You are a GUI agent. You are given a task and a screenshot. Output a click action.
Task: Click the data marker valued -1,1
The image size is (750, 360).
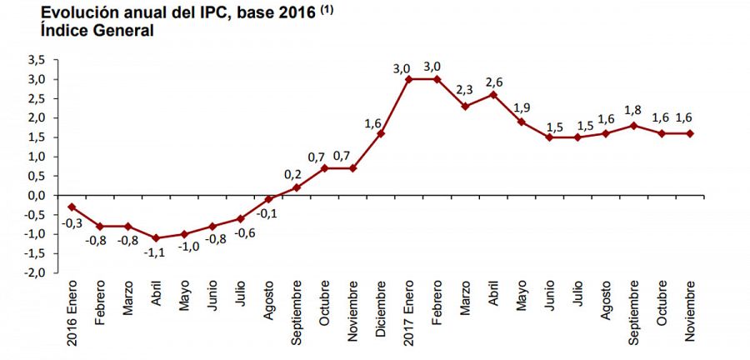(x=156, y=237)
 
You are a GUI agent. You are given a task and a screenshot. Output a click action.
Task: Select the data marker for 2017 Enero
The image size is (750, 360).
(x=408, y=79)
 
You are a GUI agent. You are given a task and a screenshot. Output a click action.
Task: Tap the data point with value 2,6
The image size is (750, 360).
(x=493, y=94)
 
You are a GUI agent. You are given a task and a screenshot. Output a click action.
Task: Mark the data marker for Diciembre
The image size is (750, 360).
(x=380, y=133)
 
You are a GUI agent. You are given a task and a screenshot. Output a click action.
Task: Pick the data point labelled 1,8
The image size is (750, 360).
(x=634, y=126)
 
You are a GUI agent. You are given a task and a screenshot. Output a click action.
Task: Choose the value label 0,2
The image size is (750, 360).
(x=292, y=172)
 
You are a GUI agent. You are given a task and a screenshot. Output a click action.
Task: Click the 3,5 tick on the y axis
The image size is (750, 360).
(x=37, y=60)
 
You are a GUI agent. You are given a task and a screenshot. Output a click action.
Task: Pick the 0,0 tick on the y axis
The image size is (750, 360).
(x=37, y=195)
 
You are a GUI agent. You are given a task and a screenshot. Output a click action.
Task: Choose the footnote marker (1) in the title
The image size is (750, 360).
(x=323, y=9)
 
